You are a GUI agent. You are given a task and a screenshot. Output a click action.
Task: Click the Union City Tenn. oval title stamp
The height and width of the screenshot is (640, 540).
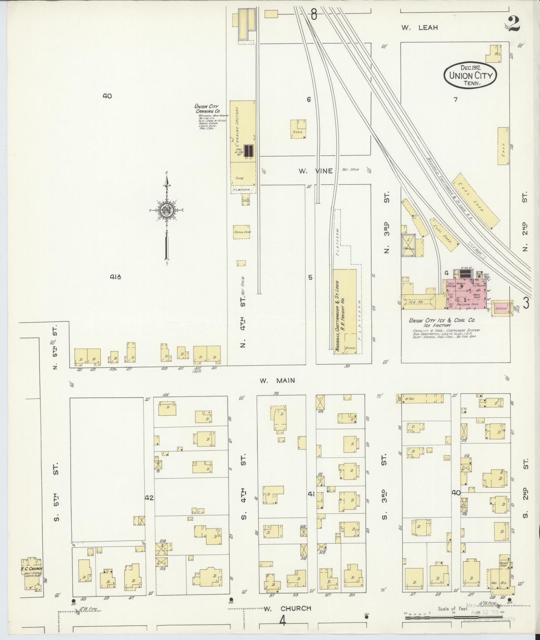[x=470, y=75]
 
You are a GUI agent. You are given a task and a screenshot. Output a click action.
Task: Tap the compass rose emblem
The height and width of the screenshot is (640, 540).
[x=166, y=210]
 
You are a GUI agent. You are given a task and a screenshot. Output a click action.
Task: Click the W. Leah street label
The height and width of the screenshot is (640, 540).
[x=419, y=28]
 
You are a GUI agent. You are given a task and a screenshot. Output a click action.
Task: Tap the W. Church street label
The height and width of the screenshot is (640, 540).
[x=287, y=609]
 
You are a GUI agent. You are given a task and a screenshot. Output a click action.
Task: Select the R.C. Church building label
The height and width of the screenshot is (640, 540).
[x=30, y=569]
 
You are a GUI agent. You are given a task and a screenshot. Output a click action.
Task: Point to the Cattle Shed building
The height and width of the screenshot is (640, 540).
[x=242, y=232]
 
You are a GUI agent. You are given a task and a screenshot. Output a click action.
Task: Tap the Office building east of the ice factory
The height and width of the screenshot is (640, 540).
[x=502, y=308]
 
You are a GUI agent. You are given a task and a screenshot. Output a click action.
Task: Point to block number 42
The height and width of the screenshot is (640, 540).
[x=149, y=498]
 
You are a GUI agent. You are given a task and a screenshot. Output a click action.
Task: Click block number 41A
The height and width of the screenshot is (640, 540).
[x=115, y=277]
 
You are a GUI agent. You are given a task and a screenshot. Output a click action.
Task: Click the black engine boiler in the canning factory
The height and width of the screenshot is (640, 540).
[x=248, y=151]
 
